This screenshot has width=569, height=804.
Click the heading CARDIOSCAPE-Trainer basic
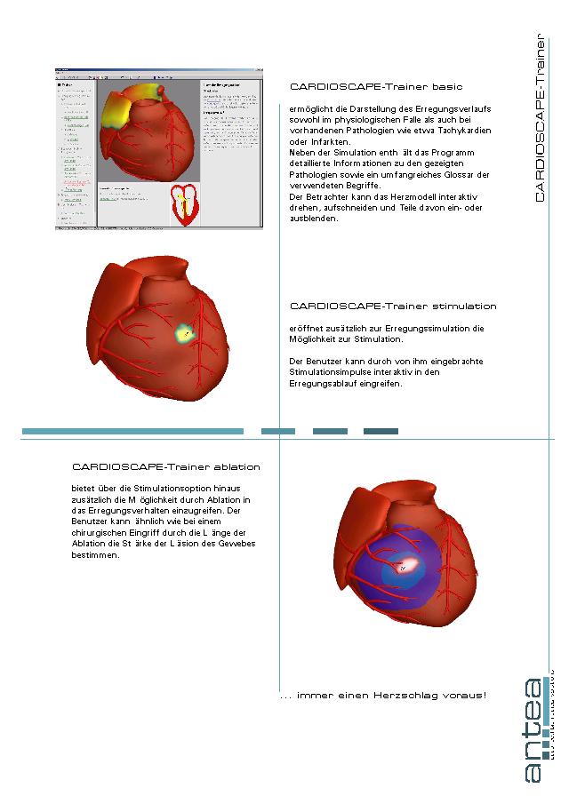371,87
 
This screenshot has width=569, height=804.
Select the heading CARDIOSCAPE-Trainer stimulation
393,306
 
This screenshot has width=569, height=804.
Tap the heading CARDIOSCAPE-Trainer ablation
166,466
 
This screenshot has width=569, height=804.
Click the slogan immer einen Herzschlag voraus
382,695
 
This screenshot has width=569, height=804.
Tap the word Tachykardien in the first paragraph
457,131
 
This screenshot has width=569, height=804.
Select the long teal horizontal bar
132,432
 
